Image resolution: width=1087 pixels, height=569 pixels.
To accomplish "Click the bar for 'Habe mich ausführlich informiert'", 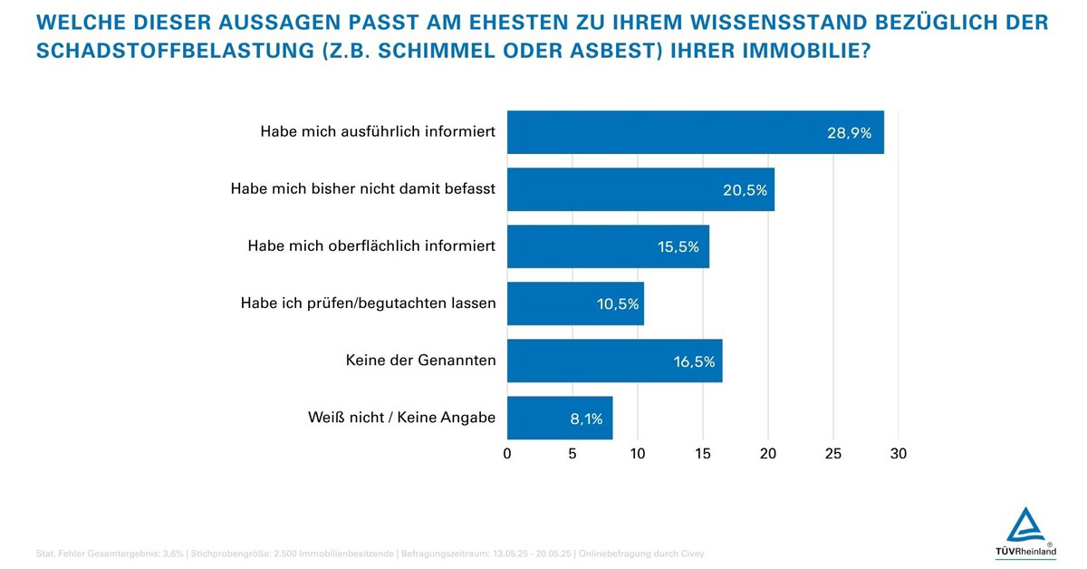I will click(x=695, y=132).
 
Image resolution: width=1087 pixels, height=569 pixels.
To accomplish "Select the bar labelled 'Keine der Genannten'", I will click(x=614, y=361).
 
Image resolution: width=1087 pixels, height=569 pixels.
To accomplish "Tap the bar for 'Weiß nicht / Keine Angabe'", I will click(x=560, y=418).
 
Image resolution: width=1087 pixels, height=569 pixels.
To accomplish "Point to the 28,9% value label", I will click(x=849, y=133).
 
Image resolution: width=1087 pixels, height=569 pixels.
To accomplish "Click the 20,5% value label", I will click(x=745, y=190).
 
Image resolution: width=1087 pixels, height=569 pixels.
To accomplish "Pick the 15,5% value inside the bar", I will click(x=678, y=246).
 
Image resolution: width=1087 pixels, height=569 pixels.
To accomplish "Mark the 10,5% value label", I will click(x=618, y=304).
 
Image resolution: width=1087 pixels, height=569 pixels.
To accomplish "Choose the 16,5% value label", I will click(x=694, y=362).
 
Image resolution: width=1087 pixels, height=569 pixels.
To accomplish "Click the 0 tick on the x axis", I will click(x=507, y=453).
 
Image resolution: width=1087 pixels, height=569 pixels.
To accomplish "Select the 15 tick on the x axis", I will click(x=703, y=453).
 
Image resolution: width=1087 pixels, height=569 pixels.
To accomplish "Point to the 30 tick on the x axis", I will click(x=898, y=453).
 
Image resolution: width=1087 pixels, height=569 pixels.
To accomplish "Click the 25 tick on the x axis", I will click(x=832, y=453).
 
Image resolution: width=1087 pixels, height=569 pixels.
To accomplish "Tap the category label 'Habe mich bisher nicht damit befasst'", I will click(x=363, y=189).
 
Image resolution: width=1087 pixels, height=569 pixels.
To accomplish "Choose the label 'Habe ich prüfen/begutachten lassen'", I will click(x=368, y=304).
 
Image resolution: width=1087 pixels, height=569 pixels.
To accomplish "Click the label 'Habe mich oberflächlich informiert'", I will click(x=371, y=246).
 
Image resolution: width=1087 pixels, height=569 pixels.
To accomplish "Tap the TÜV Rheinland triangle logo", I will click(x=1024, y=525).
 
